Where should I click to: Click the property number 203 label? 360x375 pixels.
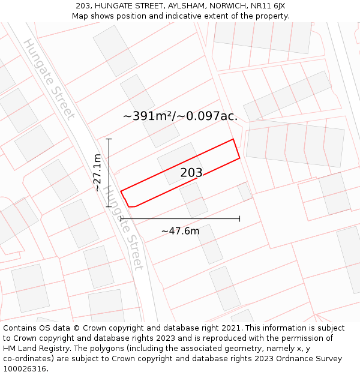[191, 173]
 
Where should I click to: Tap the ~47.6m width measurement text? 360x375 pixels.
[180, 231]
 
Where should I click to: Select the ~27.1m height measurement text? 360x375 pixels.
[97, 172]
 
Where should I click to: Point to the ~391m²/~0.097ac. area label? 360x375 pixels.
[180, 116]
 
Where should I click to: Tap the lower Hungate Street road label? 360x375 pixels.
[124, 228]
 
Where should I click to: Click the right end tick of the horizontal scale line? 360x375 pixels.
[239, 219]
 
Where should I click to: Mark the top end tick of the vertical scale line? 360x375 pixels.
[109, 139]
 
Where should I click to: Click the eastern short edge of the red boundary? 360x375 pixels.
[236, 149]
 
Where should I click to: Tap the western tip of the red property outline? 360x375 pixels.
[121, 191]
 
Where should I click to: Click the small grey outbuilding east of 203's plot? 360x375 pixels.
[245, 192]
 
